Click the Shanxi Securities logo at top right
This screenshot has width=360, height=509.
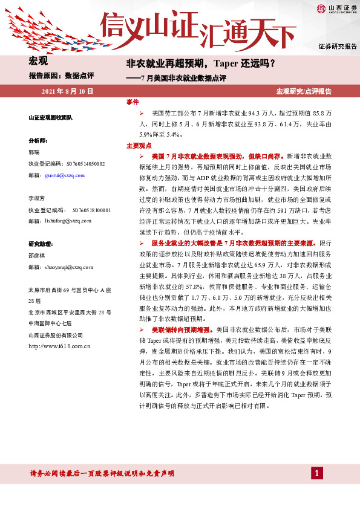333,8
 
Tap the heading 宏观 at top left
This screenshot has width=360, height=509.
38,62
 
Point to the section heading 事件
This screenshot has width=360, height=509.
132,103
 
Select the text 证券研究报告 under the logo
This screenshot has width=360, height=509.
338,47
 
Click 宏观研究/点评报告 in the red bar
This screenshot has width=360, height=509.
304,91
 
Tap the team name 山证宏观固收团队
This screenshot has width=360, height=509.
51,117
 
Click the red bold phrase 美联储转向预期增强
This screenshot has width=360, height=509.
181,330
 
